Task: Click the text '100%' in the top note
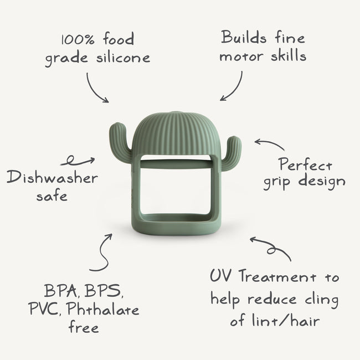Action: pyautogui.click(x=78, y=39)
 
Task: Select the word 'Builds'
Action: pyautogui.click(x=244, y=37)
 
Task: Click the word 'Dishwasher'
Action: pyautogui.click(x=53, y=177)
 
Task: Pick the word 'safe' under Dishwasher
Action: pyautogui.click(x=52, y=196)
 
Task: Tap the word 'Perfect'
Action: pyautogui.click(x=306, y=164)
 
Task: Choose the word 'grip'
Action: pyautogui.click(x=277, y=182)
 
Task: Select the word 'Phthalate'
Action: pyautogui.click(x=103, y=309)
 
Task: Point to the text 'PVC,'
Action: pyautogui.click(x=45, y=309)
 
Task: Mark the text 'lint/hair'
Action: pyautogui.click(x=286, y=320)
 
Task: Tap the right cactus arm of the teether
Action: pyautogui.click(x=232, y=153)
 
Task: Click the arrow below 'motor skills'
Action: pyautogui.click(x=234, y=88)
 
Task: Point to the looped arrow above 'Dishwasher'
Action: pyautogui.click(x=78, y=161)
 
